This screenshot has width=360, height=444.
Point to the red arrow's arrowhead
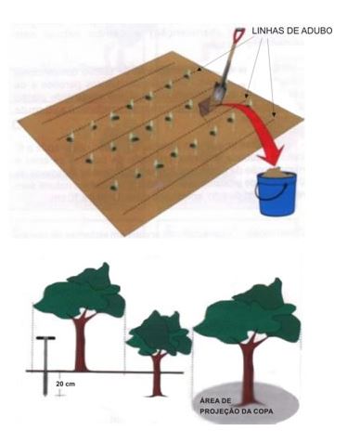pos(272,155)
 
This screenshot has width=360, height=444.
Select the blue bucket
pos(276,191)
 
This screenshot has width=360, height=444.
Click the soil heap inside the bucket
pos(276,172)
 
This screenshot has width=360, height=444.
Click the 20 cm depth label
pos(65,384)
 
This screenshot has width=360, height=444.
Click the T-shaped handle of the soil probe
pos(45,338)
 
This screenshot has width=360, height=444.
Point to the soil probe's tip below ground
pos(45,394)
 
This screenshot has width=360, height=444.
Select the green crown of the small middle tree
pos(160,335)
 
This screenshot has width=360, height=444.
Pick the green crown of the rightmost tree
pos(249,313)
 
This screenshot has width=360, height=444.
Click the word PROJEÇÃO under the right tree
pos(220,411)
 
